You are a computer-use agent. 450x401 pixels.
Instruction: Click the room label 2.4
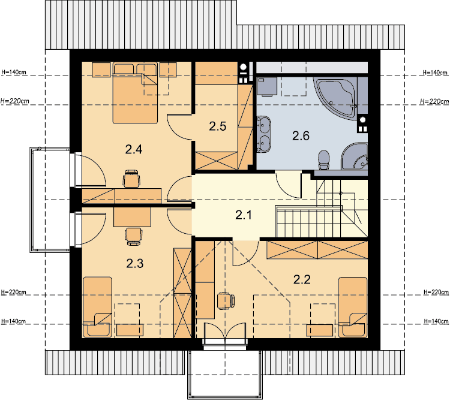point(134,149)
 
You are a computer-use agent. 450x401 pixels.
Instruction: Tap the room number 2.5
point(218,126)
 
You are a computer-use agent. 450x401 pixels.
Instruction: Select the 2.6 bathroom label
point(301,135)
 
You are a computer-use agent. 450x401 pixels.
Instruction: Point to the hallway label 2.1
point(244,215)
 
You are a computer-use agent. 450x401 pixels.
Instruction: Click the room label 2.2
point(302,279)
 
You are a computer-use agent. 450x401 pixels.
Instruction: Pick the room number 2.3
point(135,263)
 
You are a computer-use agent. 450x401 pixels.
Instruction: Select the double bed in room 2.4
point(135,93)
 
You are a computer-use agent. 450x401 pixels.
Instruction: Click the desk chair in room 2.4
point(132,178)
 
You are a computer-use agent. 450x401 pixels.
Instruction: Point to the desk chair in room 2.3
point(134,237)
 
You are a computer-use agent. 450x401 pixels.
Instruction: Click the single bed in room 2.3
point(97,307)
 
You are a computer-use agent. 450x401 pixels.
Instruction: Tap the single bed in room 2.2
point(353,307)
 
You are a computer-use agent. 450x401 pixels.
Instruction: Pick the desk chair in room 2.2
point(226,301)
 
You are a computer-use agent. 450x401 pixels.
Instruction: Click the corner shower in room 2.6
point(355,156)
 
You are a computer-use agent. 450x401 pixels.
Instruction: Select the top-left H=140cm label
point(14,72)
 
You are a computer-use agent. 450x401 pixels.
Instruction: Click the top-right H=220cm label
point(434,101)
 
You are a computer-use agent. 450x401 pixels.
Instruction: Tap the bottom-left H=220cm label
point(14,293)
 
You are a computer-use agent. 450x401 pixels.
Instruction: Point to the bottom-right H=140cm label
point(436,321)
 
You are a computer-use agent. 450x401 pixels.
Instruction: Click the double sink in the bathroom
point(263,133)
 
